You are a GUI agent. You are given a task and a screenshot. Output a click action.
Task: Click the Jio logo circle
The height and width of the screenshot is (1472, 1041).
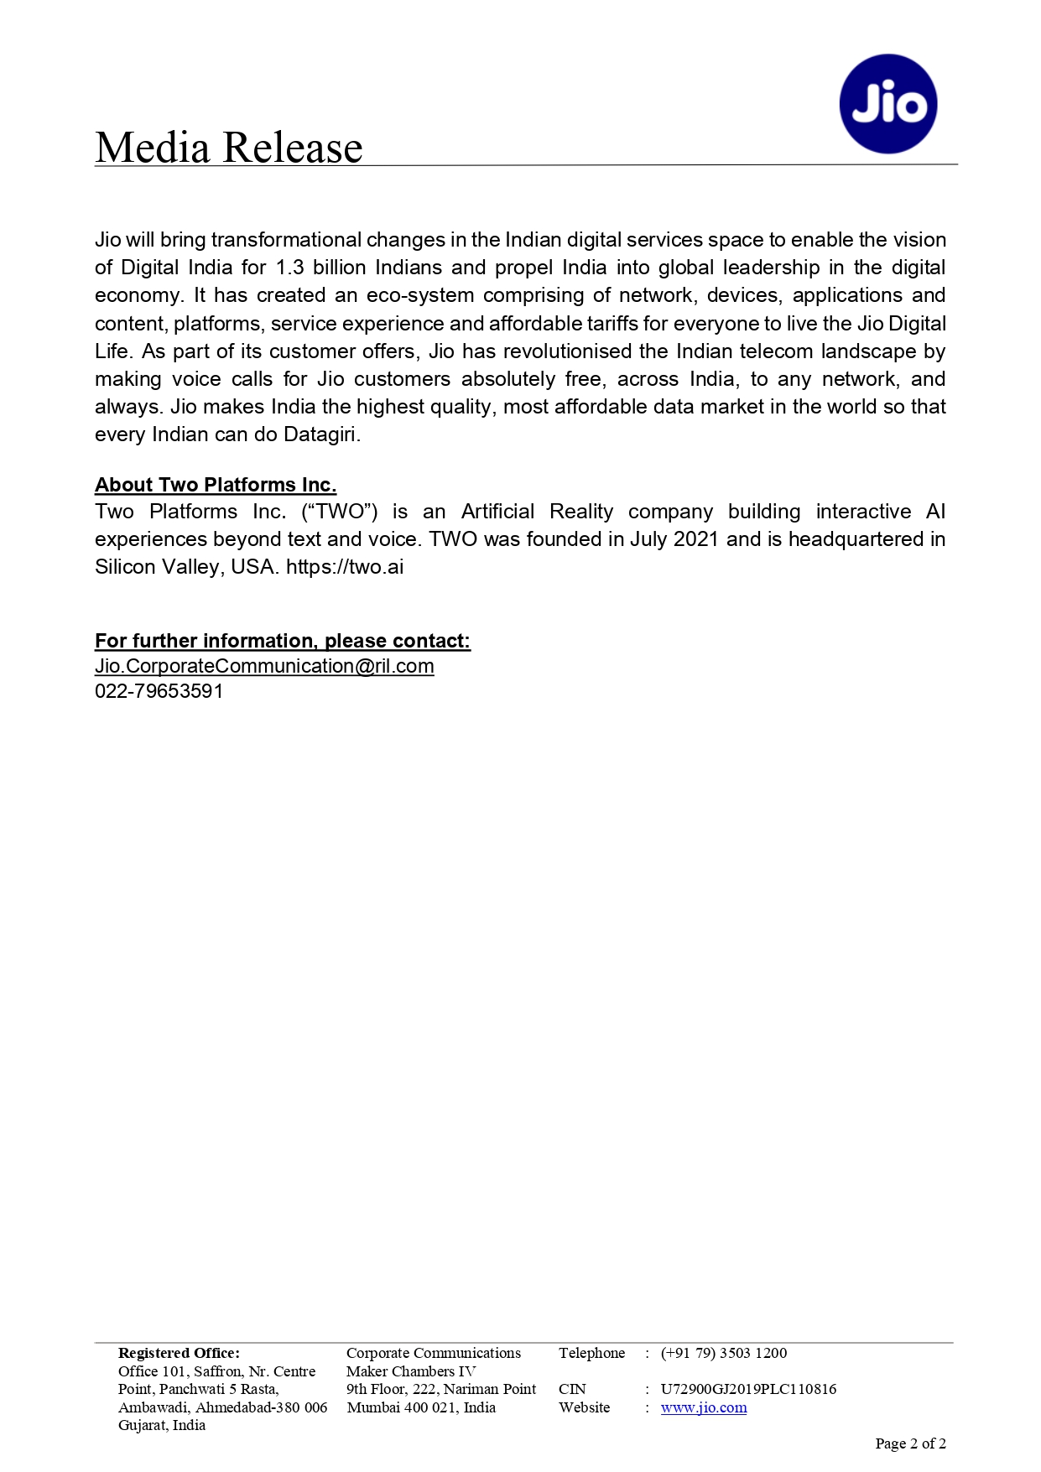click(x=887, y=104)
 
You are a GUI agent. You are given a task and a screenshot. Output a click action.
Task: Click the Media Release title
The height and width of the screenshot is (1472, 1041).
click(x=228, y=148)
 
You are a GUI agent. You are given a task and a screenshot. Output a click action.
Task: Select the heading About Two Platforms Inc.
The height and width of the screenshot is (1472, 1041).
click(x=216, y=485)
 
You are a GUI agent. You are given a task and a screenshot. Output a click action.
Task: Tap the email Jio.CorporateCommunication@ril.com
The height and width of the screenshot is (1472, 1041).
click(x=264, y=666)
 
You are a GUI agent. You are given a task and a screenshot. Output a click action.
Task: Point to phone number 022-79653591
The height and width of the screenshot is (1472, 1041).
click(x=159, y=691)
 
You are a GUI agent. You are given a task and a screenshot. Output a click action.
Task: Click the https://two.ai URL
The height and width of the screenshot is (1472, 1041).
click(x=345, y=567)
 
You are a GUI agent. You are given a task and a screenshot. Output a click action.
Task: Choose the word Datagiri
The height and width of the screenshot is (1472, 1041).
click(x=321, y=434)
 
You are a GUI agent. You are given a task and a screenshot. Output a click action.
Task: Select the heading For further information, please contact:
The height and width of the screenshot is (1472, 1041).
click(x=282, y=641)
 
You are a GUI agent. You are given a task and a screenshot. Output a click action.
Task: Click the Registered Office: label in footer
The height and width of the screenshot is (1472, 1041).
click(x=179, y=1353)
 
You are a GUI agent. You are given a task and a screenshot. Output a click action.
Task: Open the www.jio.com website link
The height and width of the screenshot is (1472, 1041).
click(x=703, y=1407)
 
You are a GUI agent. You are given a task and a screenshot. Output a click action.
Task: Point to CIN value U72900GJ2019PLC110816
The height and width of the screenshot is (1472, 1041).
click(x=748, y=1389)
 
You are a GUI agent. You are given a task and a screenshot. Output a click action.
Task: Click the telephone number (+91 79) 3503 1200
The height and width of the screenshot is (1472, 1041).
click(x=724, y=1353)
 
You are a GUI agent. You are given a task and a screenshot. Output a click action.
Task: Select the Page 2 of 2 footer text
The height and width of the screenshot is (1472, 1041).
click(x=910, y=1443)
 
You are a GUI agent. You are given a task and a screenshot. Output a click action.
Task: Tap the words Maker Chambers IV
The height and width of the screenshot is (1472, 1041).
click(x=411, y=1371)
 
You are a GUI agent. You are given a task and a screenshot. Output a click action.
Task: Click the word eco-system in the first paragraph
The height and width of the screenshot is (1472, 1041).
click(x=419, y=295)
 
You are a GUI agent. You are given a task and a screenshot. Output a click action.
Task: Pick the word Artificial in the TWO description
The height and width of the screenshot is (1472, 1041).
click(x=497, y=512)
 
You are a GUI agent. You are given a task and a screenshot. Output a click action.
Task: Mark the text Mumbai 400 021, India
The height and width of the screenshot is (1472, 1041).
click(x=421, y=1407)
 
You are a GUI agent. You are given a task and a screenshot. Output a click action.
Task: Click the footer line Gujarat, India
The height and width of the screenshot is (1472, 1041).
click(x=162, y=1425)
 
